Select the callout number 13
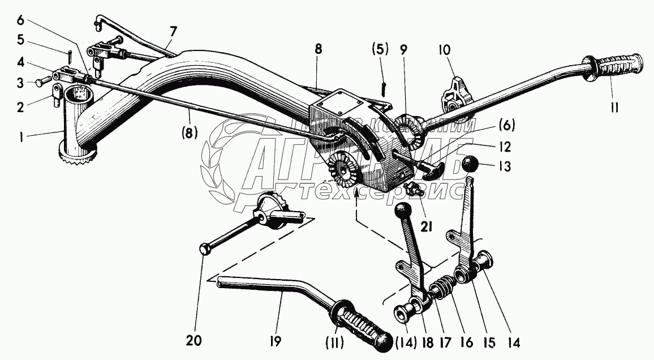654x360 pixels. pos(505,166)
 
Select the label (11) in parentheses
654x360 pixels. pos(337,343)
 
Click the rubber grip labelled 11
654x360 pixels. pos(617,66)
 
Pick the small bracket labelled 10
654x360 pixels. pos(454,93)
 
